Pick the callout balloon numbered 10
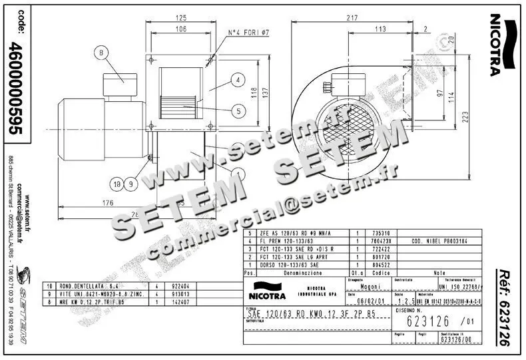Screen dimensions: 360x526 pos(117,183)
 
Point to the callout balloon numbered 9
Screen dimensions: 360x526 pos(131,183)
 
